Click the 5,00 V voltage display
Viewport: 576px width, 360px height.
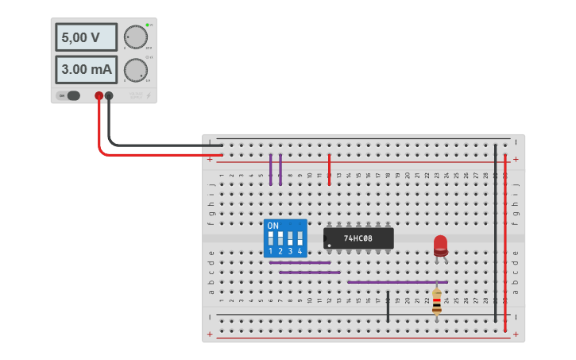[86, 37]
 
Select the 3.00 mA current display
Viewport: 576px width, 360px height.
[86, 69]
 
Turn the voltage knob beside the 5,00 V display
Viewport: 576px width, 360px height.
[136, 37]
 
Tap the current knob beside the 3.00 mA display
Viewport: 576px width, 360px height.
[136, 69]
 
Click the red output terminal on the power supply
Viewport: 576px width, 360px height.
[99, 95]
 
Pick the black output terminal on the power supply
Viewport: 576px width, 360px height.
[109, 95]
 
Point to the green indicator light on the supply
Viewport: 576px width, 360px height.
[147, 25]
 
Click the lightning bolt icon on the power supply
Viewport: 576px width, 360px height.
[148, 96]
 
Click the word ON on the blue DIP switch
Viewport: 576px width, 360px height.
[273, 226]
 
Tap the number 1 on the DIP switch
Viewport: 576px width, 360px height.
[270, 251]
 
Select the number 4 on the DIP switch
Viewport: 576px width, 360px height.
[300, 251]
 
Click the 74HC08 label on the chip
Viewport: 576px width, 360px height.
[358, 238]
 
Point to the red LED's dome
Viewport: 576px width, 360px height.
[440, 242]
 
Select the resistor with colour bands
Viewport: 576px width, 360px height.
[437, 300]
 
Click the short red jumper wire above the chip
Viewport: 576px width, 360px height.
[329, 169]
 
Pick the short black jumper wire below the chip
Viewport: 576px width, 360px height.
[388, 306]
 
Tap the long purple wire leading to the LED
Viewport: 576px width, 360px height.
[397, 281]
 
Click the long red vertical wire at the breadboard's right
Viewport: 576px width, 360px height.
[504, 238]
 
